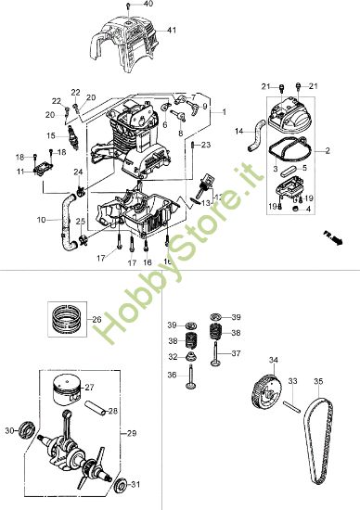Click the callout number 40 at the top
(148, 5)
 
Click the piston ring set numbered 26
(66, 322)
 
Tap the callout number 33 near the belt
(291, 381)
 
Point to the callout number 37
(236, 353)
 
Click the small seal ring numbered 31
(121, 484)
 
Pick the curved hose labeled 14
(251, 134)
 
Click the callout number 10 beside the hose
(41, 220)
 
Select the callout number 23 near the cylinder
(206, 145)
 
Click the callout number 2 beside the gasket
(327, 150)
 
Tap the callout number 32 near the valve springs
(173, 356)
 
